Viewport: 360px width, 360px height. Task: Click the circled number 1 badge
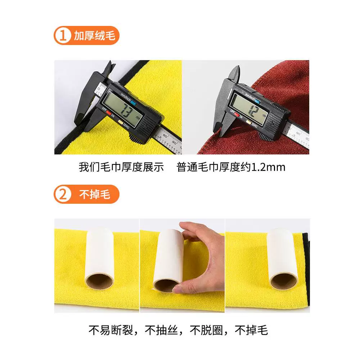(x=63, y=36)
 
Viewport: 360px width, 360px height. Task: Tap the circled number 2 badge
(x=63, y=194)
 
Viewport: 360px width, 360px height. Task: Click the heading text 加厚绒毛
(x=94, y=36)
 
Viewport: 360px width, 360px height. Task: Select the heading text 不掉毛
(x=95, y=194)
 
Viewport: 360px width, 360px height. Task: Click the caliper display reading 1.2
(x=250, y=108)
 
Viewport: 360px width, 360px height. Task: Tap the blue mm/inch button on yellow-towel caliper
(x=134, y=103)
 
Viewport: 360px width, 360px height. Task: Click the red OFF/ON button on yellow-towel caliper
(x=108, y=113)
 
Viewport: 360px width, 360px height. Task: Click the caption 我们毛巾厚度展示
(x=121, y=167)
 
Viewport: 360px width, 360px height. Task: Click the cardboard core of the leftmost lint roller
(x=99, y=282)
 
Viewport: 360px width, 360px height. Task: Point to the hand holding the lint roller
(x=202, y=257)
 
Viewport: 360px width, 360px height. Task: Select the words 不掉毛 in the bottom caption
(x=251, y=330)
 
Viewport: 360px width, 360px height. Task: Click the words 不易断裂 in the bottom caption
(x=111, y=330)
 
